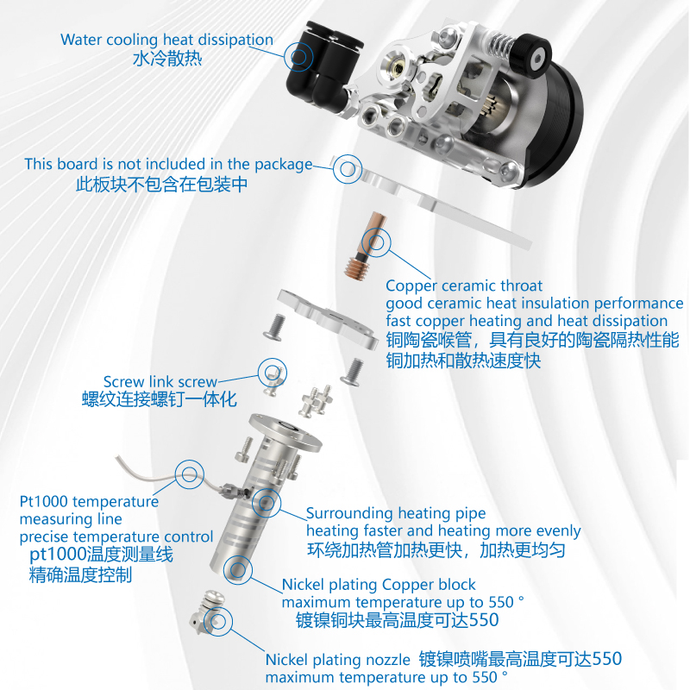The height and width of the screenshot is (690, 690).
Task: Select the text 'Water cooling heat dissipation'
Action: coord(166,40)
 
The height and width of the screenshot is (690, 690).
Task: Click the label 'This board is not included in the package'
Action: coord(168,164)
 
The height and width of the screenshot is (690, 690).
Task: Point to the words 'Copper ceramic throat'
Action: coord(464,285)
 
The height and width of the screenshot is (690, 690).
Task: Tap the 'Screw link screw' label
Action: coord(160,381)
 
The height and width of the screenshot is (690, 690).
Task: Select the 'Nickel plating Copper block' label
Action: coord(379,585)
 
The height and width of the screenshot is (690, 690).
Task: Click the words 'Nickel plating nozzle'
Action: coord(337,660)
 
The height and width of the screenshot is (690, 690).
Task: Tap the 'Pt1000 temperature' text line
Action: coord(89,501)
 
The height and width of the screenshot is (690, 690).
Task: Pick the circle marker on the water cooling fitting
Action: coord(298,57)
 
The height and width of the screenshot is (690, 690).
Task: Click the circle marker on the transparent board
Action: coord(348,169)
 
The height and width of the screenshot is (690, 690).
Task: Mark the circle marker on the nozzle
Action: coord(218,621)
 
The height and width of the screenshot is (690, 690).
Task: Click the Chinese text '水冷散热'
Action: coord(167,60)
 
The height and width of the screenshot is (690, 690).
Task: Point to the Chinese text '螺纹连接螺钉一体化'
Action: coord(159,399)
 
